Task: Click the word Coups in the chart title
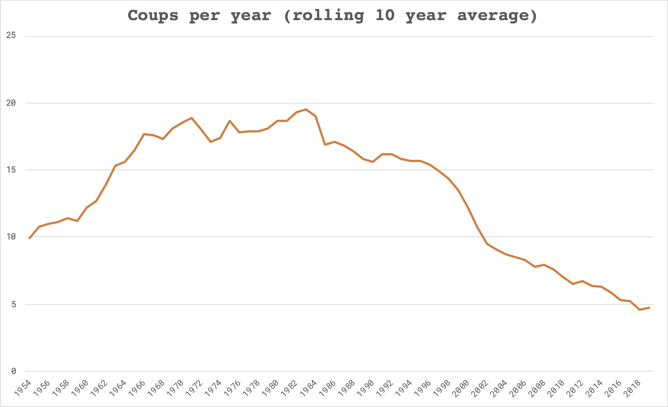click(x=153, y=16)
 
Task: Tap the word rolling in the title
click(x=328, y=16)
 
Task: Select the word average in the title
click(x=497, y=16)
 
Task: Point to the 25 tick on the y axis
click(x=11, y=36)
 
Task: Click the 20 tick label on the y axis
click(x=11, y=103)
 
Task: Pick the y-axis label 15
click(x=11, y=170)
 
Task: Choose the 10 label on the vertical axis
click(x=11, y=237)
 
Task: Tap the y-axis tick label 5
click(x=13, y=304)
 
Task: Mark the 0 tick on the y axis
click(x=13, y=371)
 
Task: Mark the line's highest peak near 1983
click(x=306, y=109)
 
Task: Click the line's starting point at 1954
click(x=29, y=239)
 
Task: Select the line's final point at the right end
click(x=649, y=308)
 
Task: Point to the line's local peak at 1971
click(x=192, y=118)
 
